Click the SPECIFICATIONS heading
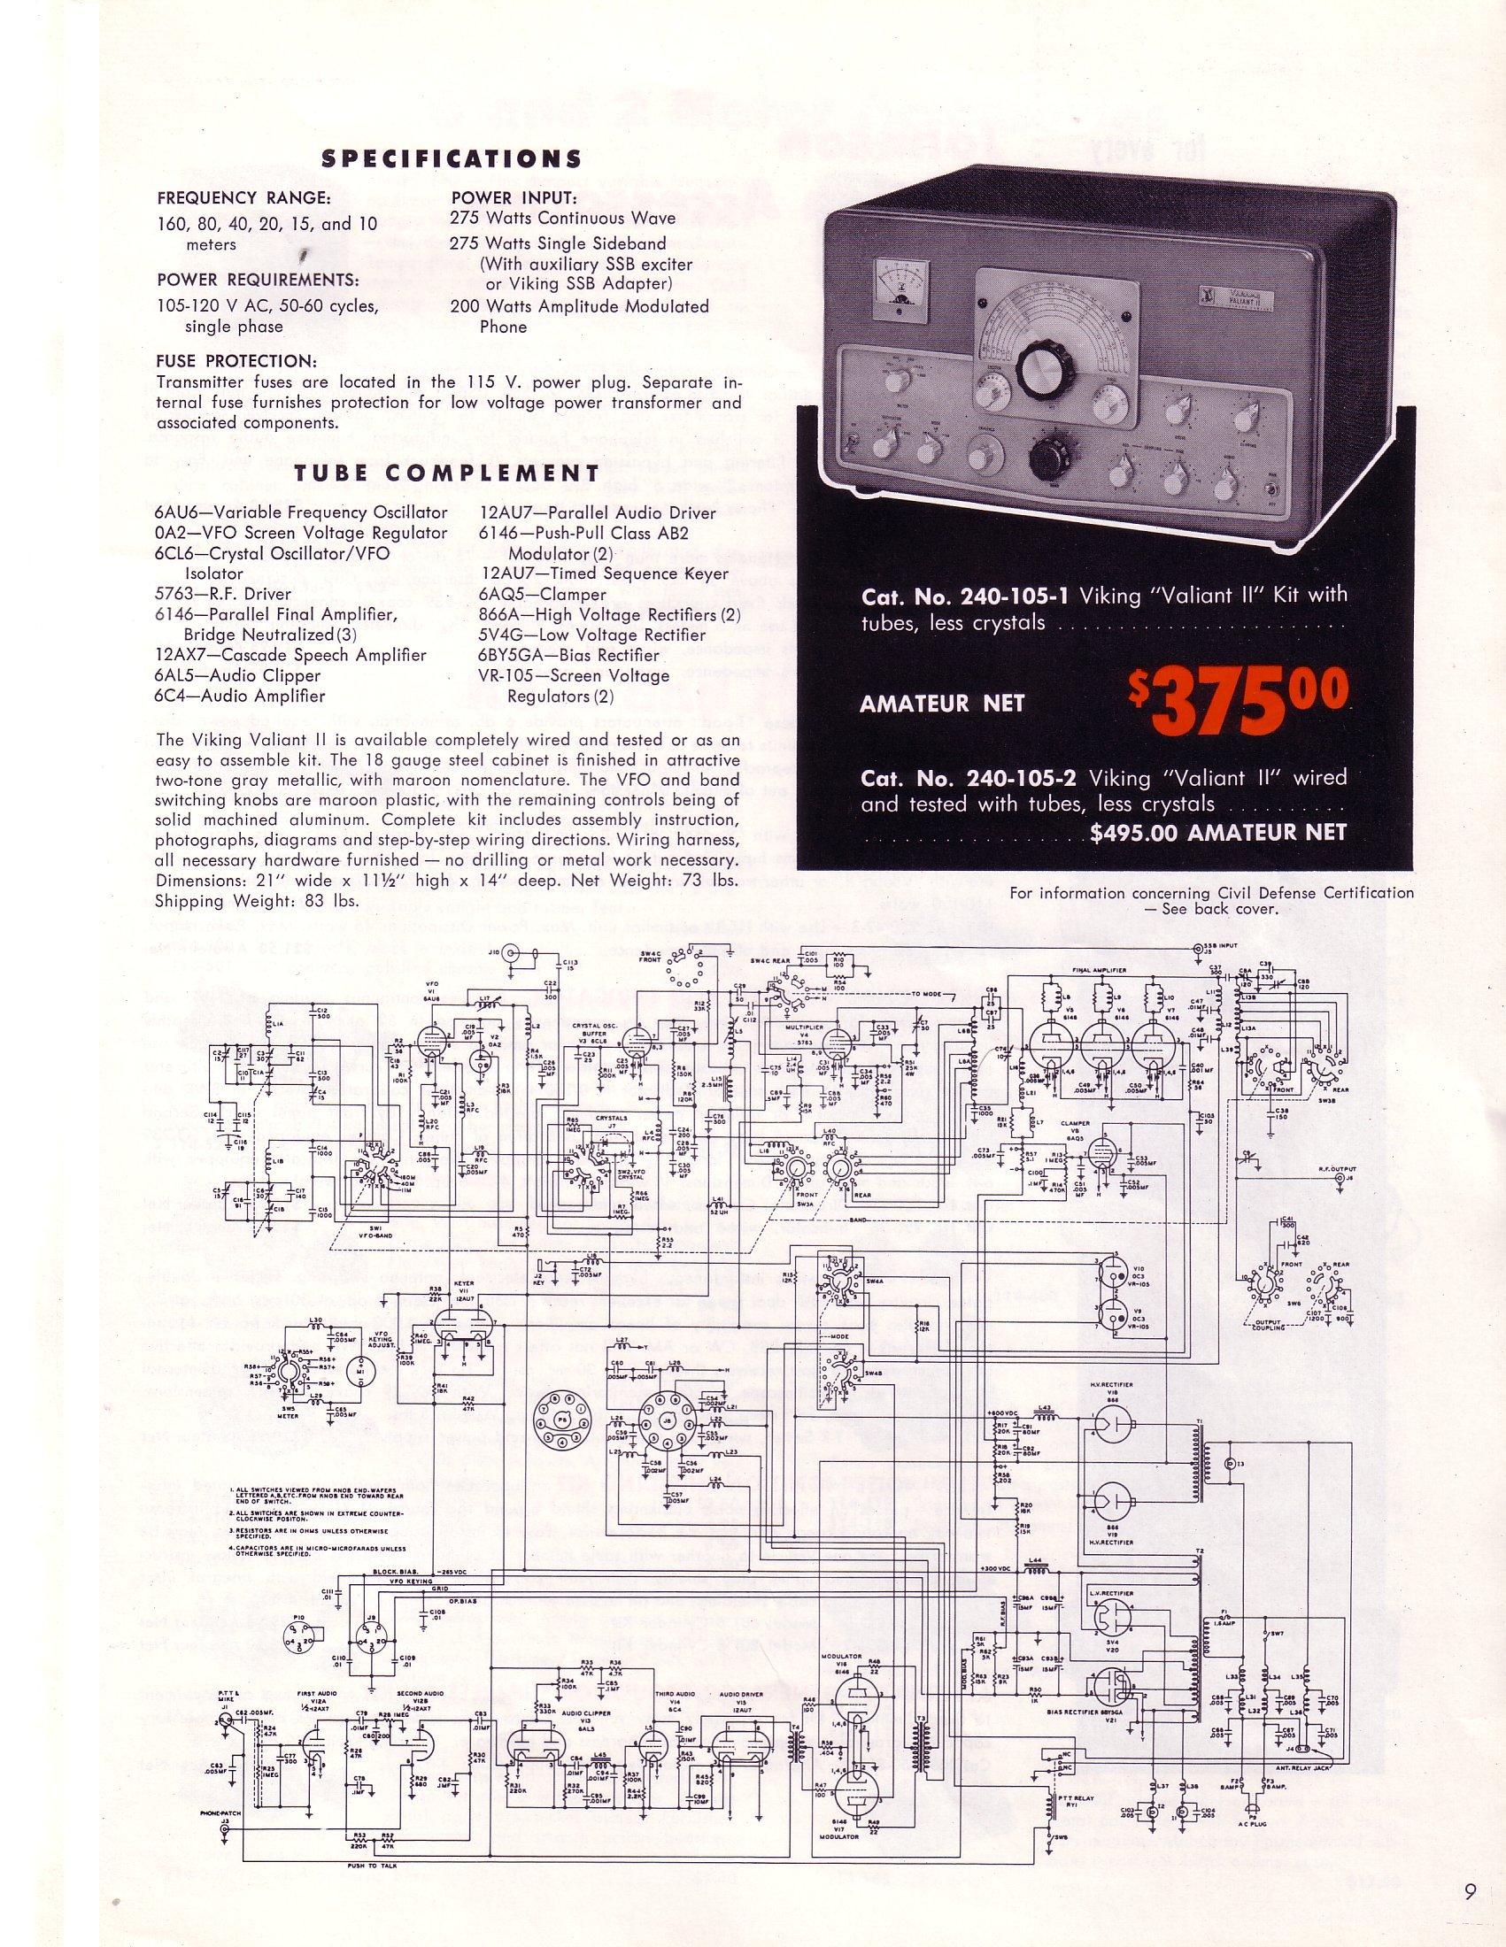(452, 158)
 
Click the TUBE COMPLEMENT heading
(447, 473)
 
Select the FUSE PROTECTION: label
(236, 362)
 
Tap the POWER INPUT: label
(514, 198)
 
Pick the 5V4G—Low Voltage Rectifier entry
(592, 635)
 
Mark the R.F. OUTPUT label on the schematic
(1338, 1167)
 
